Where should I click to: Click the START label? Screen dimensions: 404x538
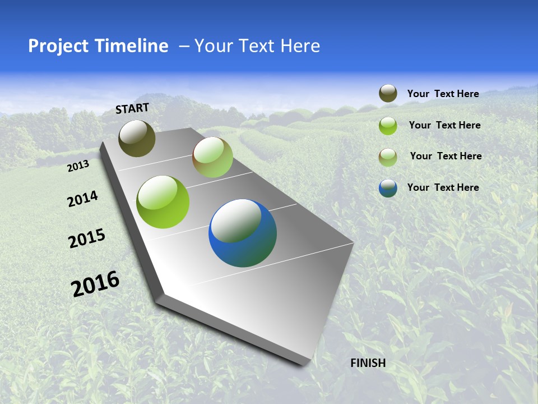tap(132, 108)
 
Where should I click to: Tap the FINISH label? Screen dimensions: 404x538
tap(368, 363)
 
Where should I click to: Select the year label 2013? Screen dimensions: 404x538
tap(78, 166)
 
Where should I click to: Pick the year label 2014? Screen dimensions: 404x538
tap(82, 199)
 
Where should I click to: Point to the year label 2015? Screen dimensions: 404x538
tap(87, 238)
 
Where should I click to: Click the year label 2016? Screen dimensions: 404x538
tap(95, 283)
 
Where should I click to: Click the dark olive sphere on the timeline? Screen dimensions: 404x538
tap(137, 138)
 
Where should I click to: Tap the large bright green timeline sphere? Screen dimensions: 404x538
tap(163, 202)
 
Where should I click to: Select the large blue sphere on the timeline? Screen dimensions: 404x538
tap(243, 233)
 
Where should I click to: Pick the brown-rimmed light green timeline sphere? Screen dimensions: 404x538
tap(212, 158)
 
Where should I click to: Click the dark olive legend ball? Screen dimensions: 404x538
tap(388, 94)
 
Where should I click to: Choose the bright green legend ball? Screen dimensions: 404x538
tap(388, 126)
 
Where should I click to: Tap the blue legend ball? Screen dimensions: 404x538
tap(388, 188)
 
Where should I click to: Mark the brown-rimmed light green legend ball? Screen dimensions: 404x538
tap(388, 157)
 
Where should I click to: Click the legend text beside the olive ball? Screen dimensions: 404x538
tap(443, 94)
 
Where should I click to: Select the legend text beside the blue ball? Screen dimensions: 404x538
tap(443, 187)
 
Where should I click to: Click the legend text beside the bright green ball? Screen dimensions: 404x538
tap(444, 125)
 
